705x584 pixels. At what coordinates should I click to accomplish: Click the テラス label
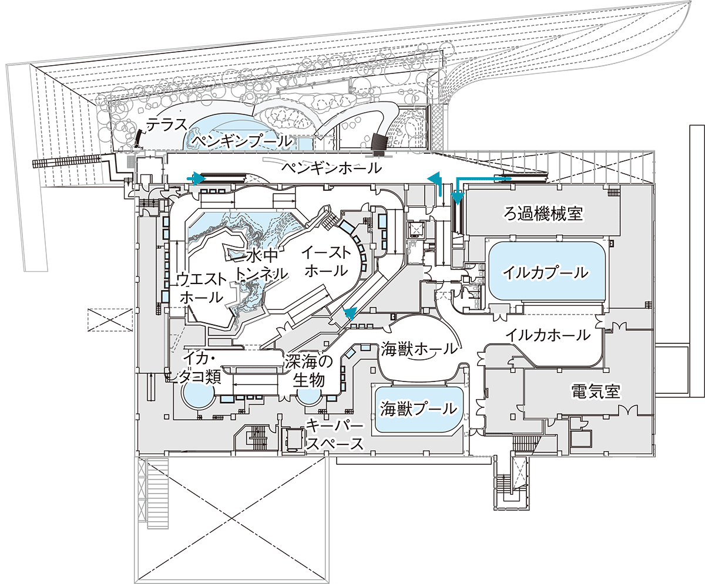coord(167,125)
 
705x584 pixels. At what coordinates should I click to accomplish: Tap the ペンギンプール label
coord(241,141)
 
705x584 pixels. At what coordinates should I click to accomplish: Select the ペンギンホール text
coord(332,168)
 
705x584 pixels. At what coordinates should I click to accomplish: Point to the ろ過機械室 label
coord(543,213)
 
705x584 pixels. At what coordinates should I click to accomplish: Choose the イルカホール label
coord(548,335)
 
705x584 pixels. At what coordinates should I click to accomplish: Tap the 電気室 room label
coord(596,391)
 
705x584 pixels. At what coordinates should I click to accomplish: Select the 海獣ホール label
coord(419,349)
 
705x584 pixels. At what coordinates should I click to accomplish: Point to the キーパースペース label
coord(334,435)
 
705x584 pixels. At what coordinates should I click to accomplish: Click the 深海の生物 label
coord(309,371)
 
